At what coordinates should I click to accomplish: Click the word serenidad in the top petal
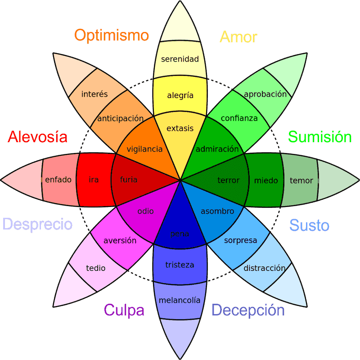tap(180, 59)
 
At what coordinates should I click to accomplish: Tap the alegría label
tap(180, 95)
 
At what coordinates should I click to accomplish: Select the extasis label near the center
tap(180, 129)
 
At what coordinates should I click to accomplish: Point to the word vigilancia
tap(144, 149)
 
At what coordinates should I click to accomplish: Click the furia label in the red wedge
tap(129, 180)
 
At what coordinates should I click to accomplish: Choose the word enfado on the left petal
tap(58, 180)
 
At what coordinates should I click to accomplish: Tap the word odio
tap(146, 211)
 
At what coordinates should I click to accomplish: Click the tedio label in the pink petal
tap(95, 268)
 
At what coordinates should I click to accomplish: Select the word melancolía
tap(180, 301)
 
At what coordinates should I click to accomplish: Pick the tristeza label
tap(180, 265)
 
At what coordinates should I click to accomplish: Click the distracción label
tap(265, 268)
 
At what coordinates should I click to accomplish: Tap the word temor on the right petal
tap(301, 180)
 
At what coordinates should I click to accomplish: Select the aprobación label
tap(265, 94)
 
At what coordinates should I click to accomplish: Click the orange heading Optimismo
tap(112, 35)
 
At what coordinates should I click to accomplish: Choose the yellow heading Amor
tap(238, 36)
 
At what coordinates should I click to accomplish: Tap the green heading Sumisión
tap(319, 136)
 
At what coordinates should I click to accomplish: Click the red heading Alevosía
tap(38, 136)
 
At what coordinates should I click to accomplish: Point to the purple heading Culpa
tap(124, 310)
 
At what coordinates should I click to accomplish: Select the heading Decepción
tap(248, 310)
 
